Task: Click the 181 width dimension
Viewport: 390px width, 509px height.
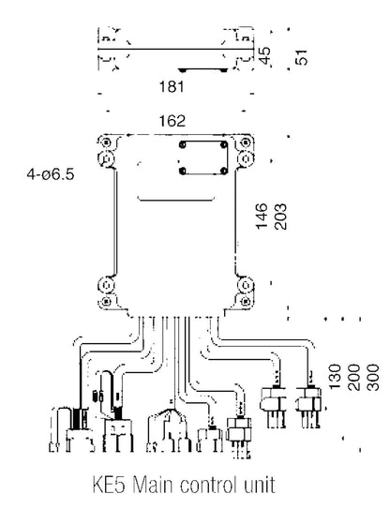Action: tap(172, 86)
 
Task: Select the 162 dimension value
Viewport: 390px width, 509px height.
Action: tap(172, 121)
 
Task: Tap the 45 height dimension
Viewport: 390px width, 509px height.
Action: tap(264, 56)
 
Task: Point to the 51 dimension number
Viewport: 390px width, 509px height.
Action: tap(301, 57)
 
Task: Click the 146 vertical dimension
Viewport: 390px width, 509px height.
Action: tap(262, 217)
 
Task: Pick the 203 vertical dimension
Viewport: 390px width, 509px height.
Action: tap(280, 217)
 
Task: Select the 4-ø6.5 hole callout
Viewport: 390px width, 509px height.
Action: tap(51, 174)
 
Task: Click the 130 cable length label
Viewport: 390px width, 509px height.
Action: tap(335, 377)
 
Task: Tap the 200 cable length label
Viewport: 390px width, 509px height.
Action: tap(354, 377)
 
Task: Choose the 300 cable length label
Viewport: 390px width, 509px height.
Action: tap(372, 377)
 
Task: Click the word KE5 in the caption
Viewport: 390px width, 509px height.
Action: tap(109, 485)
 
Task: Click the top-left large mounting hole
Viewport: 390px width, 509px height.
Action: tap(106, 158)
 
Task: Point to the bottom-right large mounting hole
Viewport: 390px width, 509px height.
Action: tap(246, 286)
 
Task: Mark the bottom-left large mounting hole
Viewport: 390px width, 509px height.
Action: tap(106, 286)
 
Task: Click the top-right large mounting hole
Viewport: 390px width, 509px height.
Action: tap(246, 158)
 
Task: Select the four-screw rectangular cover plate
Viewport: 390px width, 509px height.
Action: tap(203, 157)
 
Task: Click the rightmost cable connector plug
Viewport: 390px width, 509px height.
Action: tap(308, 406)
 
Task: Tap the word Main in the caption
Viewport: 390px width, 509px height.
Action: tap(153, 485)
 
